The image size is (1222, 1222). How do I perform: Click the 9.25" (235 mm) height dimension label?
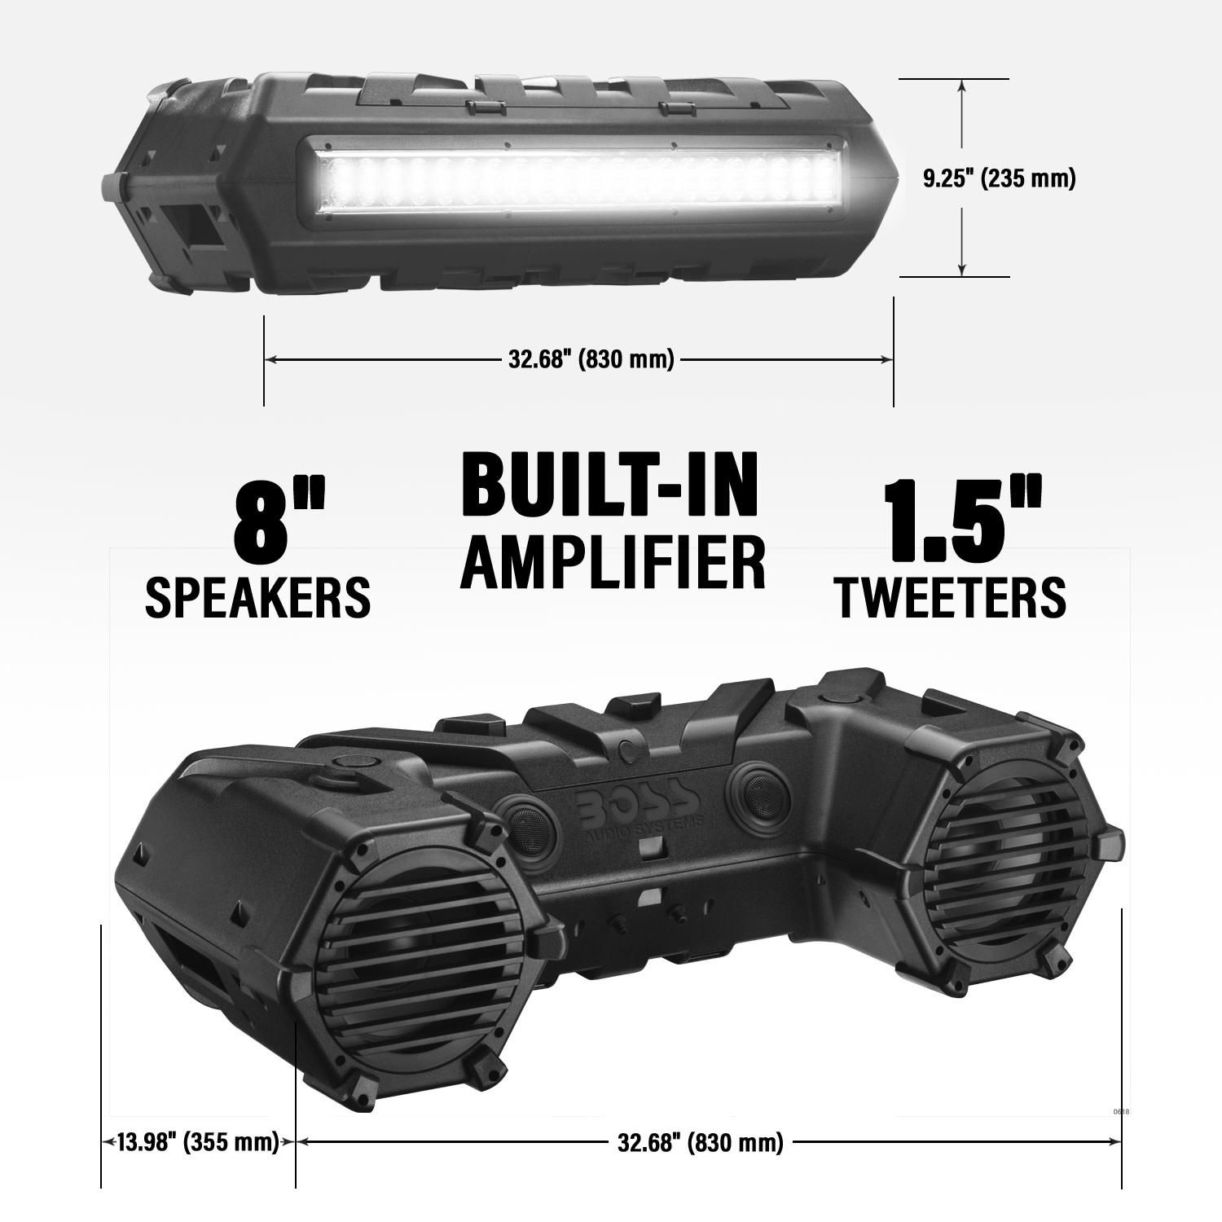click(x=1000, y=178)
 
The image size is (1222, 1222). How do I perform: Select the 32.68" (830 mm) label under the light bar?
click(x=591, y=358)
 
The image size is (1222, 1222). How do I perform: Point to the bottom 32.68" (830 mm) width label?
click(x=701, y=1142)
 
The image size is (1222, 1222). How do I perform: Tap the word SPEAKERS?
click(x=257, y=596)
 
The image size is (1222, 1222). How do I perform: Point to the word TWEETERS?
click(x=950, y=596)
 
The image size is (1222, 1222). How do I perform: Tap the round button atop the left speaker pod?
click(x=355, y=761)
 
